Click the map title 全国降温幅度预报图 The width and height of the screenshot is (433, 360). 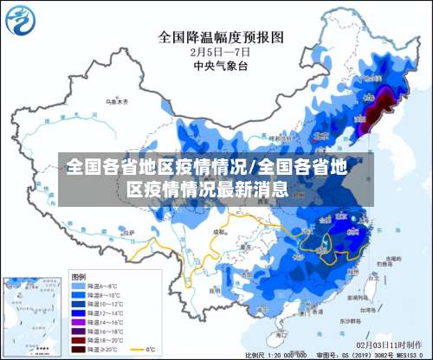click(221, 37)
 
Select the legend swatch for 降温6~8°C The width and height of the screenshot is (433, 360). click(79, 285)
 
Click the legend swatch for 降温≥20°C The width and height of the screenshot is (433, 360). click(79, 350)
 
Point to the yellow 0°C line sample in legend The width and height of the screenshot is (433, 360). click(137, 350)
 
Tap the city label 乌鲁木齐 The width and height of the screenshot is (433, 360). click(115, 101)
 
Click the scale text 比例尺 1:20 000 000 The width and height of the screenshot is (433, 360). click(276, 355)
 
